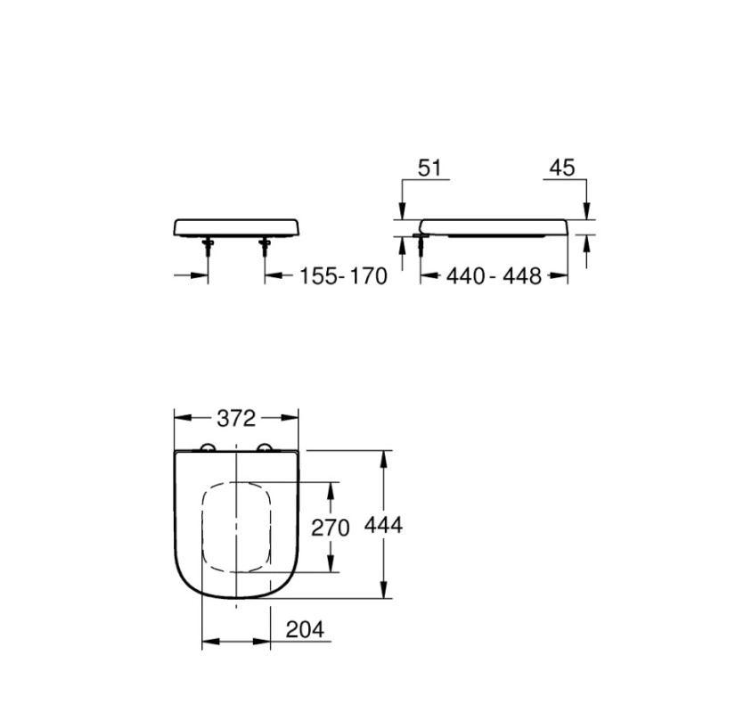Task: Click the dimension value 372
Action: coord(237,418)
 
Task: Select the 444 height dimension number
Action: coord(383,525)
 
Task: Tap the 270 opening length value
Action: coord(331,528)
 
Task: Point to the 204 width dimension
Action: coord(305,629)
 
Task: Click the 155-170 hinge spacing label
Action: coord(344,276)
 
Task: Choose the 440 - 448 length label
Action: coord(494,276)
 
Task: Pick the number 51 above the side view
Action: coord(430,168)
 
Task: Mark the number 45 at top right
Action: coord(562,168)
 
